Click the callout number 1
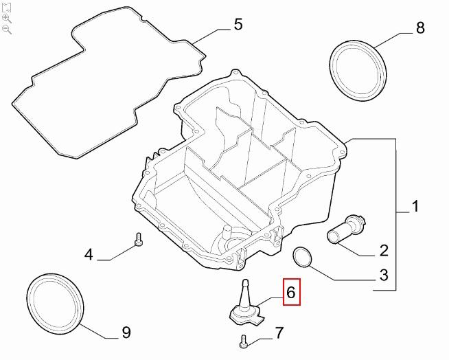tap(415, 206)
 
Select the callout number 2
tap(384, 250)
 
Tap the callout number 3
tap(384, 276)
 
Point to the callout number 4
tap(89, 255)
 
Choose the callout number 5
tap(238, 25)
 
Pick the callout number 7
tap(279, 334)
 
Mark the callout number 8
tap(420, 27)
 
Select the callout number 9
tap(126, 333)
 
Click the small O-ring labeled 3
tap(302, 257)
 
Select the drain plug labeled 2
tap(347, 229)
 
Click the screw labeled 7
tap(244, 339)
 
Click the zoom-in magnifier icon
tap(7, 18)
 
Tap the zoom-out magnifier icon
tap(7, 29)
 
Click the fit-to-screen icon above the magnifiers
tap(7, 7)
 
